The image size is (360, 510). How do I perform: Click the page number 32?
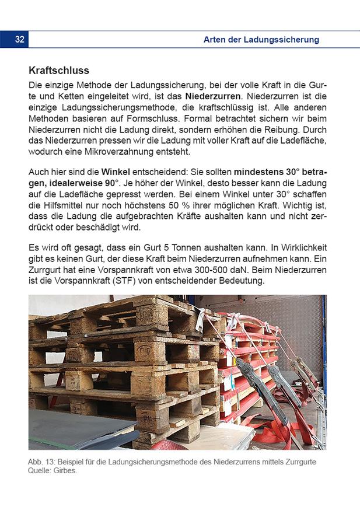click(20, 40)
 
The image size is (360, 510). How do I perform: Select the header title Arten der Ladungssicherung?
click(261, 40)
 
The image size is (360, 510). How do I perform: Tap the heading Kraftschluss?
click(59, 71)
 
